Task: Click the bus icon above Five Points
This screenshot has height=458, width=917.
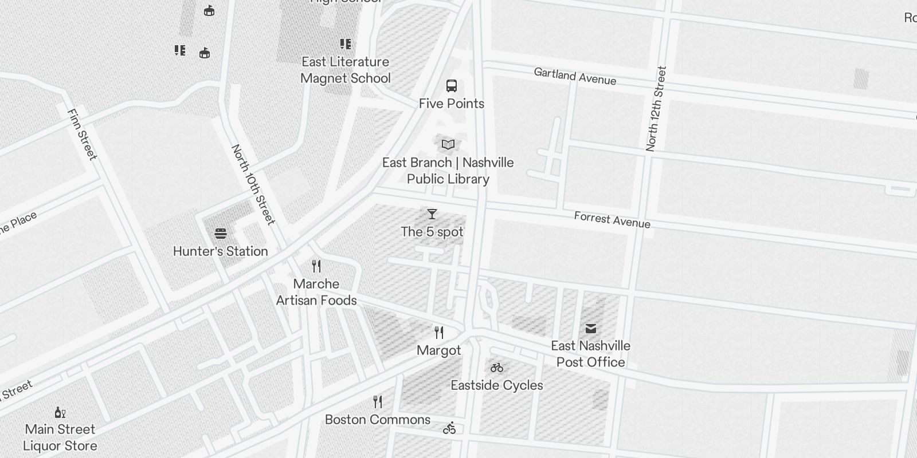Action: (x=452, y=86)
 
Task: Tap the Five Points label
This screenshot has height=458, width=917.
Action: (x=452, y=104)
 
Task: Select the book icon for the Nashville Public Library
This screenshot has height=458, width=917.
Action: (x=448, y=145)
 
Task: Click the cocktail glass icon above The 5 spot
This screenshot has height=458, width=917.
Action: (x=432, y=214)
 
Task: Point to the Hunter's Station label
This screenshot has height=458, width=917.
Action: (x=221, y=251)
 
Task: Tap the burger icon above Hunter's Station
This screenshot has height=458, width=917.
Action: (x=221, y=234)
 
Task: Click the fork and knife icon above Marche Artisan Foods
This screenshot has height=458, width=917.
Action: (x=316, y=266)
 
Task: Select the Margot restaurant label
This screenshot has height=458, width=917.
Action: (x=439, y=350)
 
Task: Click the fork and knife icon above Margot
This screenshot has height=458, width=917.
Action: (x=439, y=333)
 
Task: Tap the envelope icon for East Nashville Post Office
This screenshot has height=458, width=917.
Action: (x=591, y=329)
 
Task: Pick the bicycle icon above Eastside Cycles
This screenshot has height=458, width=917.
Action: (x=497, y=368)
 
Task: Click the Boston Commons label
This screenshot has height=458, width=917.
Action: (x=378, y=420)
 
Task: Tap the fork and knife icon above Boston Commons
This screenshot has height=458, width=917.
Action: (x=378, y=402)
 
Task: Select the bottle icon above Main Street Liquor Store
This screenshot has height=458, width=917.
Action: (x=60, y=412)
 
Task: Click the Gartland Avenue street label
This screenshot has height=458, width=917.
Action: (x=575, y=76)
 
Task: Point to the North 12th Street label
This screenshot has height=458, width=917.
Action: (x=656, y=109)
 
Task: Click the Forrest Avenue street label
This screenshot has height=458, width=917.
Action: (x=612, y=220)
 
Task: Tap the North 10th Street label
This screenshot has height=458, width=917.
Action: (x=253, y=184)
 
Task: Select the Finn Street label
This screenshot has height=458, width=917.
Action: (x=83, y=135)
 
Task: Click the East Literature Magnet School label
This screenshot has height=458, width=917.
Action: (x=346, y=70)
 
